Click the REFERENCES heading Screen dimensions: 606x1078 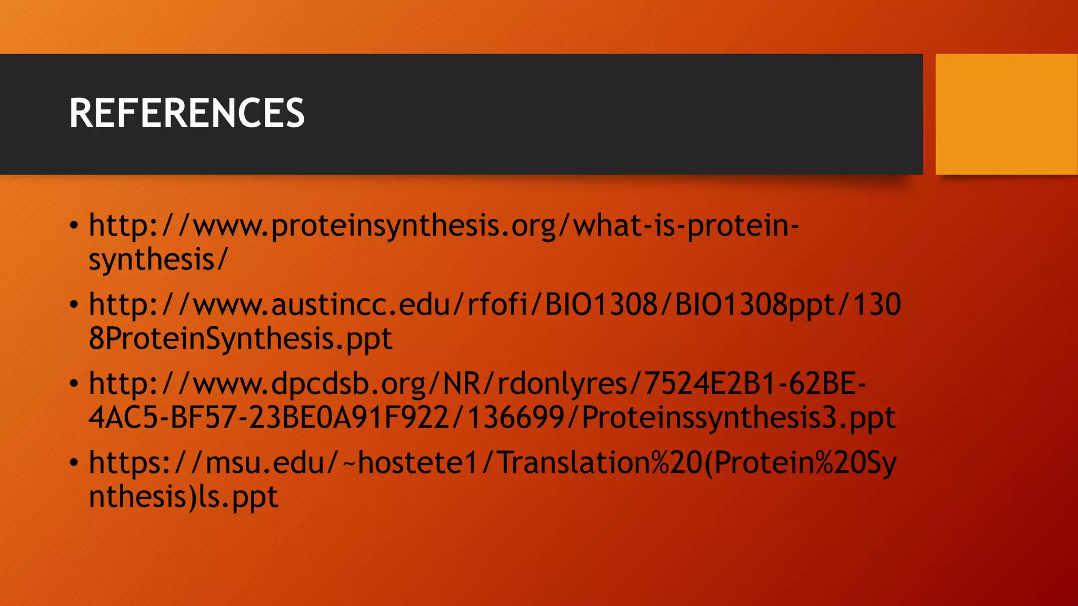187,113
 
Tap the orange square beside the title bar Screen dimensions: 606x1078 1006,114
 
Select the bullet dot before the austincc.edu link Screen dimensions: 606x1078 74,305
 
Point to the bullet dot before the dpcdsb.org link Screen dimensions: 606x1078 74,384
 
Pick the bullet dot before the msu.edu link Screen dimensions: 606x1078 74,463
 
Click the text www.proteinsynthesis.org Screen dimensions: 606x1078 374,226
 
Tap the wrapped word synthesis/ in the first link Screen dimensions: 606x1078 158,260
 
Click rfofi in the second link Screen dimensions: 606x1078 497,305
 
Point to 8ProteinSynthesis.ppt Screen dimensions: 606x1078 240,339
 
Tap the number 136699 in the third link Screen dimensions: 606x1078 516,418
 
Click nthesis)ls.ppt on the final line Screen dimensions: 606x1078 183,497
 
